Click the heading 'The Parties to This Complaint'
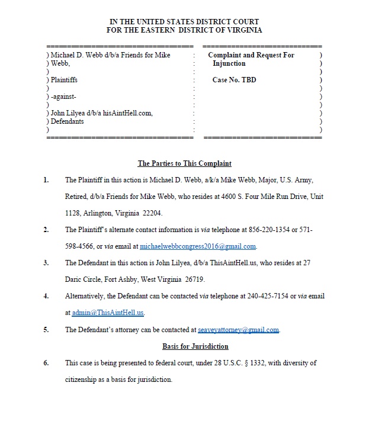click(x=184, y=163)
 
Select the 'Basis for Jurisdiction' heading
click(x=195, y=346)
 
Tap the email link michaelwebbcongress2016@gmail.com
click(x=198, y=246)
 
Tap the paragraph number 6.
click(x=46, y=362)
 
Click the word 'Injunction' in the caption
click(x=229, y=63)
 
